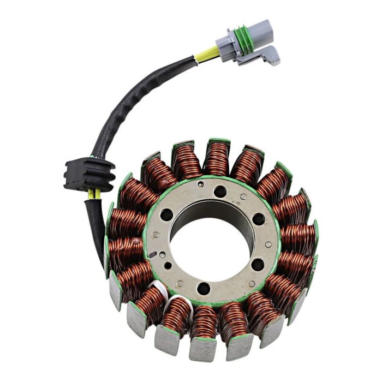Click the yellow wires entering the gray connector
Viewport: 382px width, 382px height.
(x=210, y=52)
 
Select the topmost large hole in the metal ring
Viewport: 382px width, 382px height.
(x=220, y=192)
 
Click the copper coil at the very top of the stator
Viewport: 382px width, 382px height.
(x=217, y=158)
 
